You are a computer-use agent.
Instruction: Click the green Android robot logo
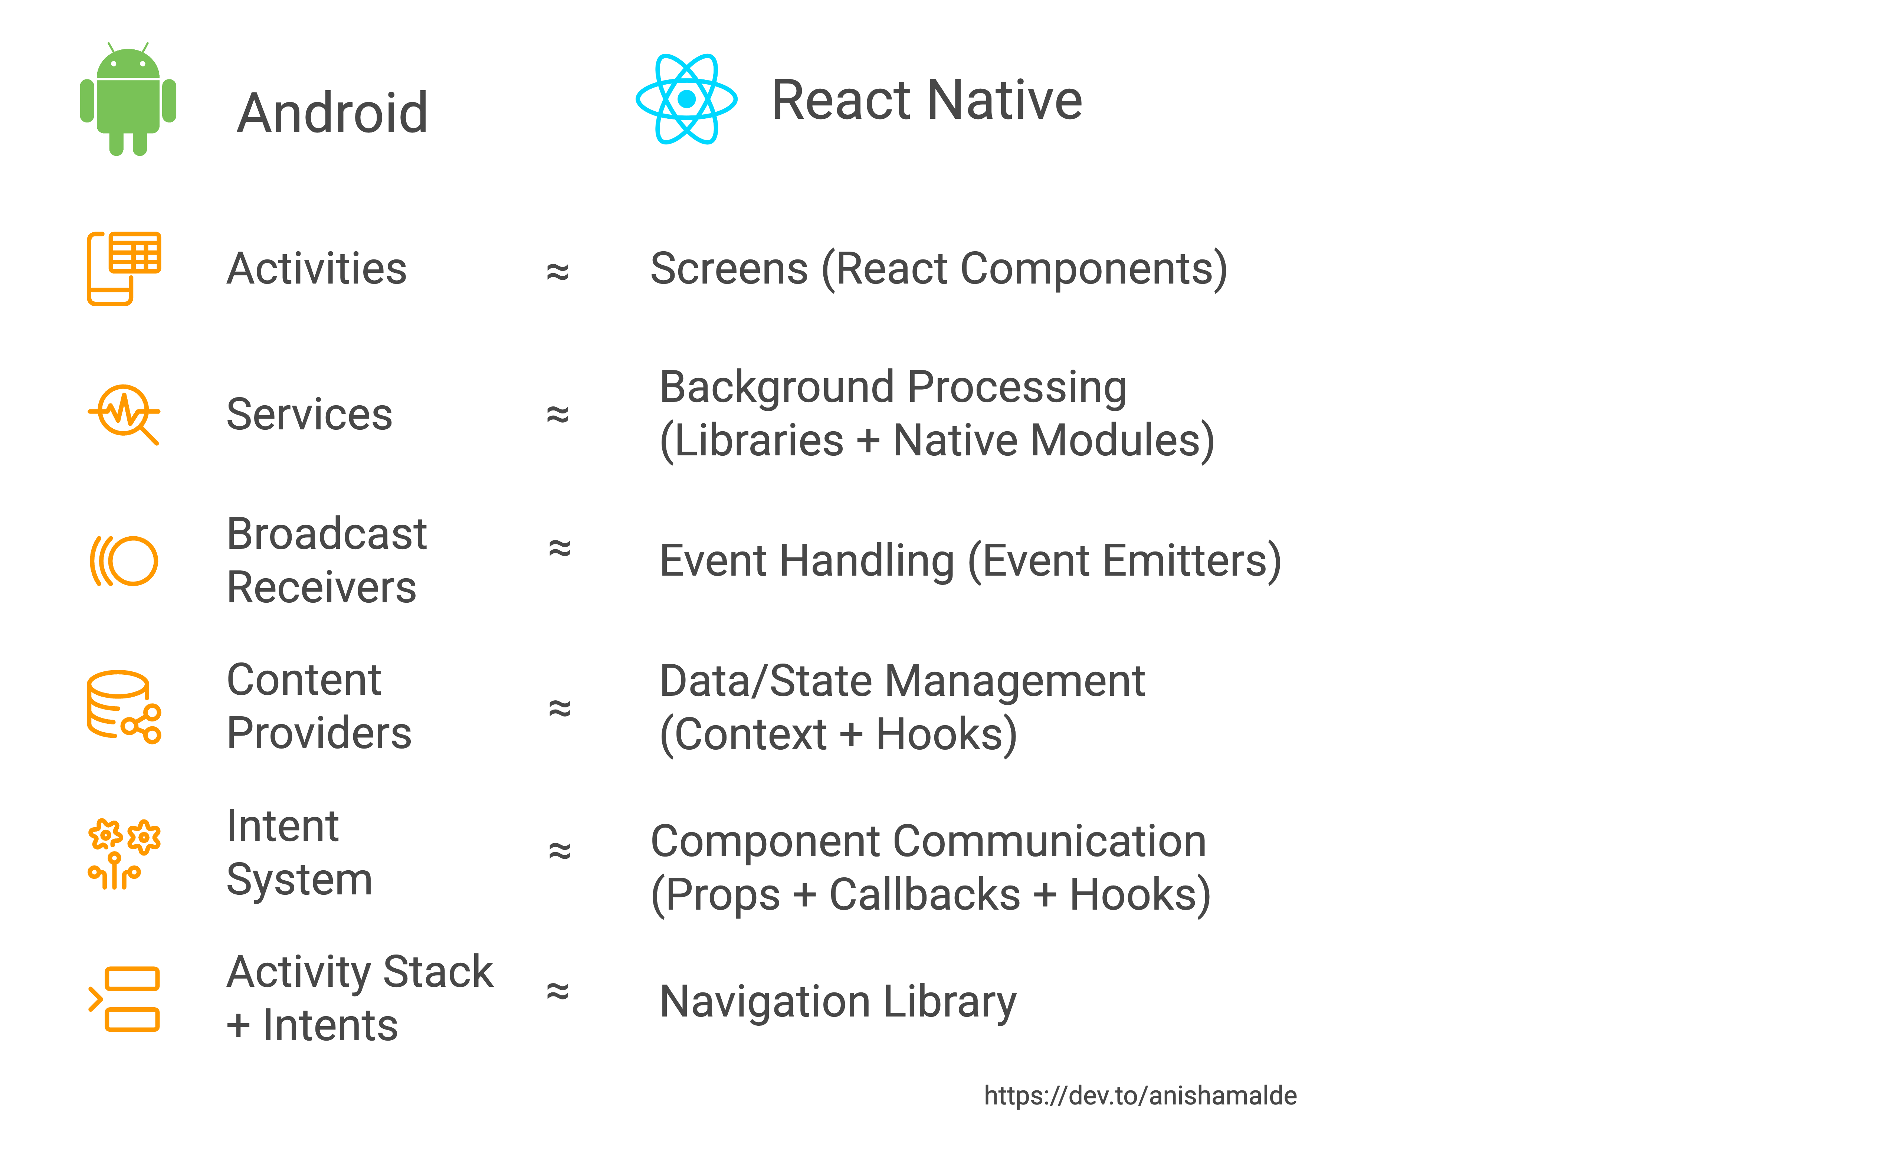(128, 99)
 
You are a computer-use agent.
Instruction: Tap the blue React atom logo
(686, 99)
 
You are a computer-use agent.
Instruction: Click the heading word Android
(332, 113)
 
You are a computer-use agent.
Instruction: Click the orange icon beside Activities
(124, 269)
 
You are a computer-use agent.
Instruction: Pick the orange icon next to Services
(124, 414)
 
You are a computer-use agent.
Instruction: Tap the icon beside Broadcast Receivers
(124, 561)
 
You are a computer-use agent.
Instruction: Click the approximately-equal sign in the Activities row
(557, 271)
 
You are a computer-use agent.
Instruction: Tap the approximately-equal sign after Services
(557, 414)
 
